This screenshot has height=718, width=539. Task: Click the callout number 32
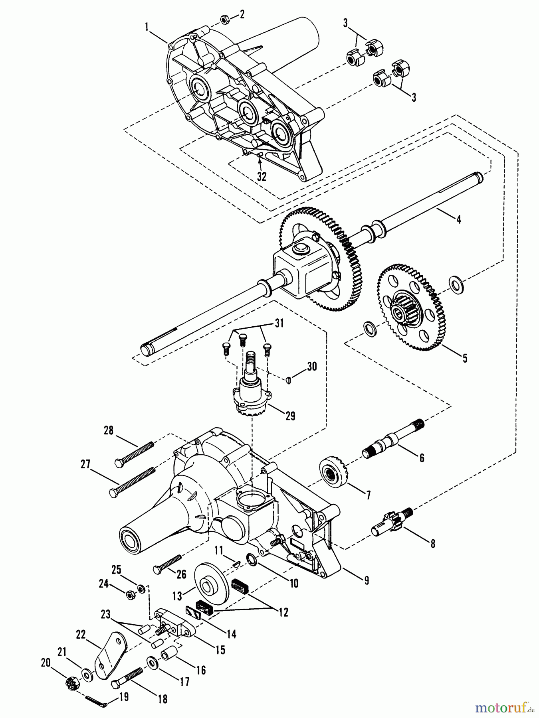click(262, 176)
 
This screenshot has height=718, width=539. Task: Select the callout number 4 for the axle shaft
click(459, 219)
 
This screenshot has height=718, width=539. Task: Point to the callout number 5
click(465, 358)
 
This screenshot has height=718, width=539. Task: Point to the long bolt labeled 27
click(132, 482)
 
